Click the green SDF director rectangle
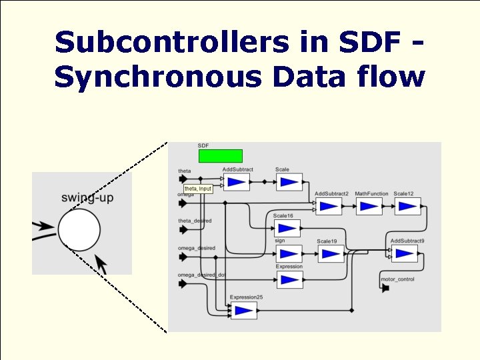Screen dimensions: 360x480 [221, 156]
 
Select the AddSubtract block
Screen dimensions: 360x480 [236, 182]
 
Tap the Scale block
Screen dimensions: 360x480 [289, 182]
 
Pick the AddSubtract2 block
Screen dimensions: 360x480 [328, 206]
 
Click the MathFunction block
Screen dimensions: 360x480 [369, 206]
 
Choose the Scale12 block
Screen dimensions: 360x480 [407, 206]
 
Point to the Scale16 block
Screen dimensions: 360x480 [287, 228]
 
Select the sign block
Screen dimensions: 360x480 [289, 253]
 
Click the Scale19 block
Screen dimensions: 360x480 [330, 253]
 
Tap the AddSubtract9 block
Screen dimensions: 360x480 [404, 253]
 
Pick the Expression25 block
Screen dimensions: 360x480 [243, 310]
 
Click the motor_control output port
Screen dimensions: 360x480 [385, 288]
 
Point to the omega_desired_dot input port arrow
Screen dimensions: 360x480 [183, 283]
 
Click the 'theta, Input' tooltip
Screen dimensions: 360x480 [198, 189]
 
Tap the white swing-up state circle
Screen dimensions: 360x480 [79, 229]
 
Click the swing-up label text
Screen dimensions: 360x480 [87, 198]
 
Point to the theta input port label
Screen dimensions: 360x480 [185, 171]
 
